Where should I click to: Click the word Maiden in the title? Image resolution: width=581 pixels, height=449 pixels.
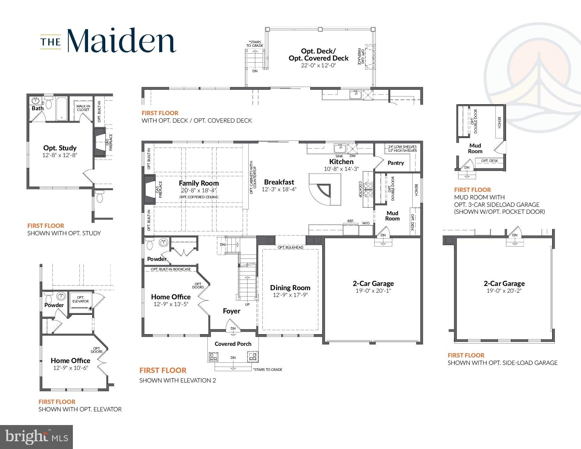coord(121,40)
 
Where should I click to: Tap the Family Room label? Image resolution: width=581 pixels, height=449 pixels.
coord(199,183)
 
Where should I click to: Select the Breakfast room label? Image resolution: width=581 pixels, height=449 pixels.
coord(279,182)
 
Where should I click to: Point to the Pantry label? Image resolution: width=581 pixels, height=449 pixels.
coord(396,163)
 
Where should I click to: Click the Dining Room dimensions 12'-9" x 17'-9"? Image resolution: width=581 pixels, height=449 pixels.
coord(290,295)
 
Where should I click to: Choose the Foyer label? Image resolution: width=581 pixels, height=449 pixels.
coord(232,311)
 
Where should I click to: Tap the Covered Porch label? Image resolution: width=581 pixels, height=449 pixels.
coord(233,344)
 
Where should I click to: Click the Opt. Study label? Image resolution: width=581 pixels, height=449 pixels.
coord(60,148)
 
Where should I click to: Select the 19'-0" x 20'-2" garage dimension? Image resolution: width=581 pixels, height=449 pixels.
coord(504,291)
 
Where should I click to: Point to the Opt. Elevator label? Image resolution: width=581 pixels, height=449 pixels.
coord(81,299)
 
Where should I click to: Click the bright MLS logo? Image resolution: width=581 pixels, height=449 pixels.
coord(37,437)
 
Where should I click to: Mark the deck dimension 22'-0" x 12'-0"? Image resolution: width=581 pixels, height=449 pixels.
coord(318,66)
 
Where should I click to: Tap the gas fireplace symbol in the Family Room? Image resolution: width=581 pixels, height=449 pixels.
coord(150,190)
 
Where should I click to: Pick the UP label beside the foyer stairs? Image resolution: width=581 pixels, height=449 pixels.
coord(247,304)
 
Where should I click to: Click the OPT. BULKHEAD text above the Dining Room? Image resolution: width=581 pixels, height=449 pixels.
coord(290,247)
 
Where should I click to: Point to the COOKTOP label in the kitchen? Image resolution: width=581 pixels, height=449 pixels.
coord(360,189)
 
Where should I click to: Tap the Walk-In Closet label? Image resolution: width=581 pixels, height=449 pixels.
coord(83,108)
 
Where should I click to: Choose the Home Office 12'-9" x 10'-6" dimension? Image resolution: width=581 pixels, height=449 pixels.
coord(70,368)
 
